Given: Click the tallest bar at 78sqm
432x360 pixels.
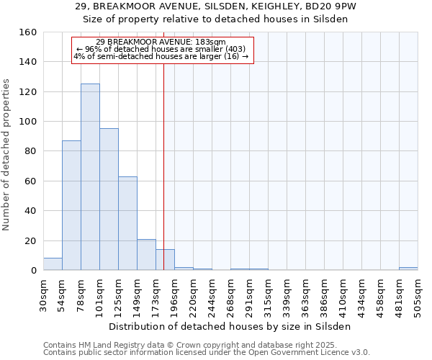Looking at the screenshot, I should [90, 177].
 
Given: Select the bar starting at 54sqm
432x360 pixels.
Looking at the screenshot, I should [71, 205].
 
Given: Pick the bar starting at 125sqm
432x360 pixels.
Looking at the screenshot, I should [127, 223].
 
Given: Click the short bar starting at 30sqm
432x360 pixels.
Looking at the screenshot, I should [53, 264].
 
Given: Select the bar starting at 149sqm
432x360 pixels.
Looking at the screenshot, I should [146, 255].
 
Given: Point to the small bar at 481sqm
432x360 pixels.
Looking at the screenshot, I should [408, 269].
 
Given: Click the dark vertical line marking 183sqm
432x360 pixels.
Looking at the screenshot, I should [163, 166].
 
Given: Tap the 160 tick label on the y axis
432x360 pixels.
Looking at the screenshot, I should [29, 32].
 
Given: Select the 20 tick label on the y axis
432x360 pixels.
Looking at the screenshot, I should [31, 240].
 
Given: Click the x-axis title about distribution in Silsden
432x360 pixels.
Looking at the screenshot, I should [230, 326].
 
